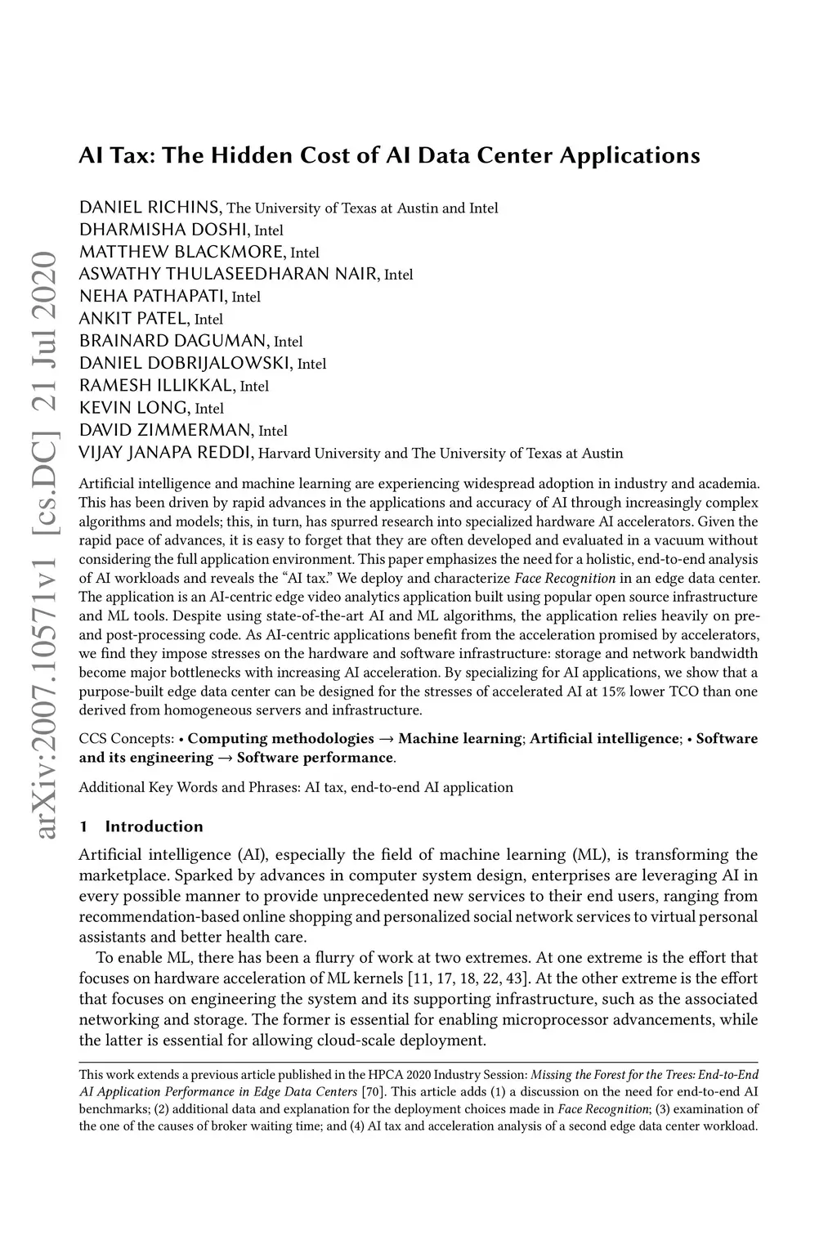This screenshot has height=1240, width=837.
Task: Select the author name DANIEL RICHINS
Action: click(151, 208)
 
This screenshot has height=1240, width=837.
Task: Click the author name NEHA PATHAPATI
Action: click(154, 296)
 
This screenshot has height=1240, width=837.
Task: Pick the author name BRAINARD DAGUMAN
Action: click(174, 341)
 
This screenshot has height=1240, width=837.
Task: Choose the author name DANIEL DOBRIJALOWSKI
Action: click(186, 363)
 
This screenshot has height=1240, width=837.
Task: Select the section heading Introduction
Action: click(154, 826)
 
